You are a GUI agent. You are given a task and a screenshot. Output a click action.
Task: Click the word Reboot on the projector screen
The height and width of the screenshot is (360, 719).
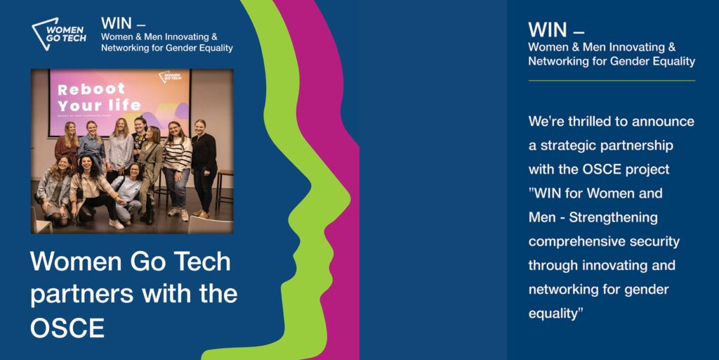[91, 88]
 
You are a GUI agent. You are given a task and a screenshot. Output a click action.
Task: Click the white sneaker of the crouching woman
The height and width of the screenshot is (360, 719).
[116, 224]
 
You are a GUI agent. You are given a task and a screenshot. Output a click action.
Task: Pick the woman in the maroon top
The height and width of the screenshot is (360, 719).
[67, 144]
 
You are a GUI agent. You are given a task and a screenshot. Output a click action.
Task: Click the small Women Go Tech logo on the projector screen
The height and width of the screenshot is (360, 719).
[169, 77]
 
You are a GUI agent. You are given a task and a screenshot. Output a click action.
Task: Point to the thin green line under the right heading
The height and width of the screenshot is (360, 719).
[612, 81]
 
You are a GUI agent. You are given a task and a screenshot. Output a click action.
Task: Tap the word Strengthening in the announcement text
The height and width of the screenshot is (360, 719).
[613, 218]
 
